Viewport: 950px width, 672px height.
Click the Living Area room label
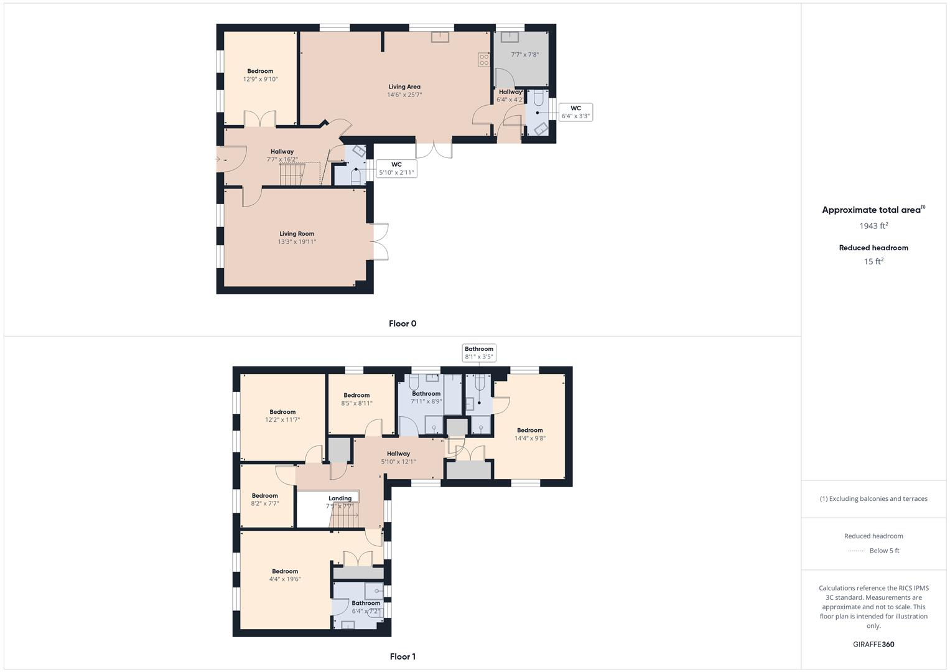(x=404, y=87)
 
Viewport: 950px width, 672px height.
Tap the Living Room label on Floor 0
(x=297, y=234)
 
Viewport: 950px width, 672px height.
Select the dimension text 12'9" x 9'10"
(x=260, y=80)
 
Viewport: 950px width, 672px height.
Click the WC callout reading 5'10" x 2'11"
(x=396, y=169)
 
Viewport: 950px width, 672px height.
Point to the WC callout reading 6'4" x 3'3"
(x=575, y=112)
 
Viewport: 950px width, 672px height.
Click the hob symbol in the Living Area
(x=483, y=60)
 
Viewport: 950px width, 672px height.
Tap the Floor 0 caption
(x=403, y=324)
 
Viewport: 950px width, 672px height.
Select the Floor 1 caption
(x=403, y=656)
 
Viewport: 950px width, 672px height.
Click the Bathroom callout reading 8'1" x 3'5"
(x=478, y=353)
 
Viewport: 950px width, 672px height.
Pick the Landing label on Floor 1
(x=340, y=498)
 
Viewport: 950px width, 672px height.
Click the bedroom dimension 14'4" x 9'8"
(x=529, y=439)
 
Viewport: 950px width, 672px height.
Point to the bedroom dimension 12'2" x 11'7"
(x=282, y=420)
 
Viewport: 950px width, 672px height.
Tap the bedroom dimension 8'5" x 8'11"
(x=356, y=403)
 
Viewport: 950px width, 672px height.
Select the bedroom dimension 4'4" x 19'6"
(x=285, y=579)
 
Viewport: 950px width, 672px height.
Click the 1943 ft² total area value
(x=873, y=226)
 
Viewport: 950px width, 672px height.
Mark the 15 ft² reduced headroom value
(x=873, y=261)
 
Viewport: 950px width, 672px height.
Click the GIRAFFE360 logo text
(x=873, y=645)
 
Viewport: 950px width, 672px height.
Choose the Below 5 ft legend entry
(x=884, y=551)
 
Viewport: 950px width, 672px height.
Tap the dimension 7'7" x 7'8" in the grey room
(x=524, y=55)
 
